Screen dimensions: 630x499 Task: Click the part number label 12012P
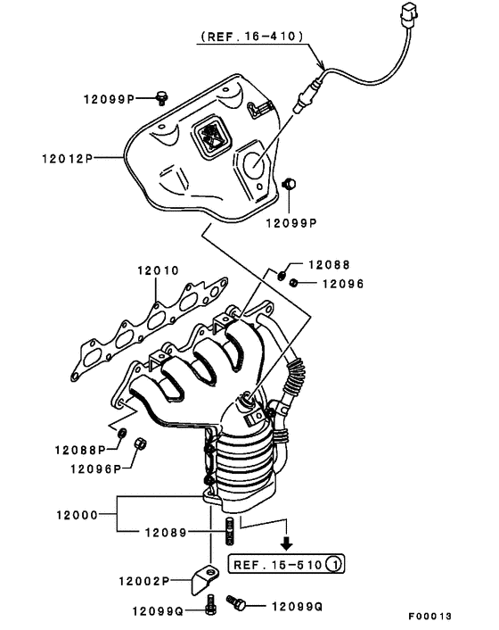pyautogui.click(x=66, y=158)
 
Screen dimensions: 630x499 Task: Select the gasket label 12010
pyautogui.click(x=158, y=270)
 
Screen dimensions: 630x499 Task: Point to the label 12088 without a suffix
pyautogui.click(x=330, y=265)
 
